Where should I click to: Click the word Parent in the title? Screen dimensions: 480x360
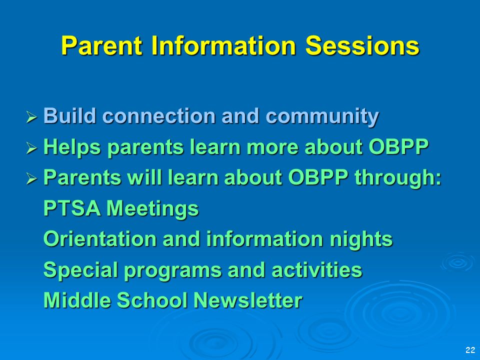pos(102,45)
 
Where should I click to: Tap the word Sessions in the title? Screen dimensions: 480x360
pos(362,45)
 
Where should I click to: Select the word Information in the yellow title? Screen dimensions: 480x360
pos(224,45)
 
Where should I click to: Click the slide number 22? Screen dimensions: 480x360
pos(470,350)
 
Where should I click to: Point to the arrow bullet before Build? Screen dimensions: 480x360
pos(31,117)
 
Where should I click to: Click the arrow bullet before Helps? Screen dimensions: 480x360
pos(31,148)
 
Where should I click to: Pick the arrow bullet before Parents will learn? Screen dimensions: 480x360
pos(31,178)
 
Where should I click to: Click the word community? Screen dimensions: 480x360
pos(322,116)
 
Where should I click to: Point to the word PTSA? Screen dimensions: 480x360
pos(72,208)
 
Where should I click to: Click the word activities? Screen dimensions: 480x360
pos(316,269)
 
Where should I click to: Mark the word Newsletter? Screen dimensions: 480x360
pos(248,300)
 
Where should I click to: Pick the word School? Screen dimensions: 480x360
pos(152,300)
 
